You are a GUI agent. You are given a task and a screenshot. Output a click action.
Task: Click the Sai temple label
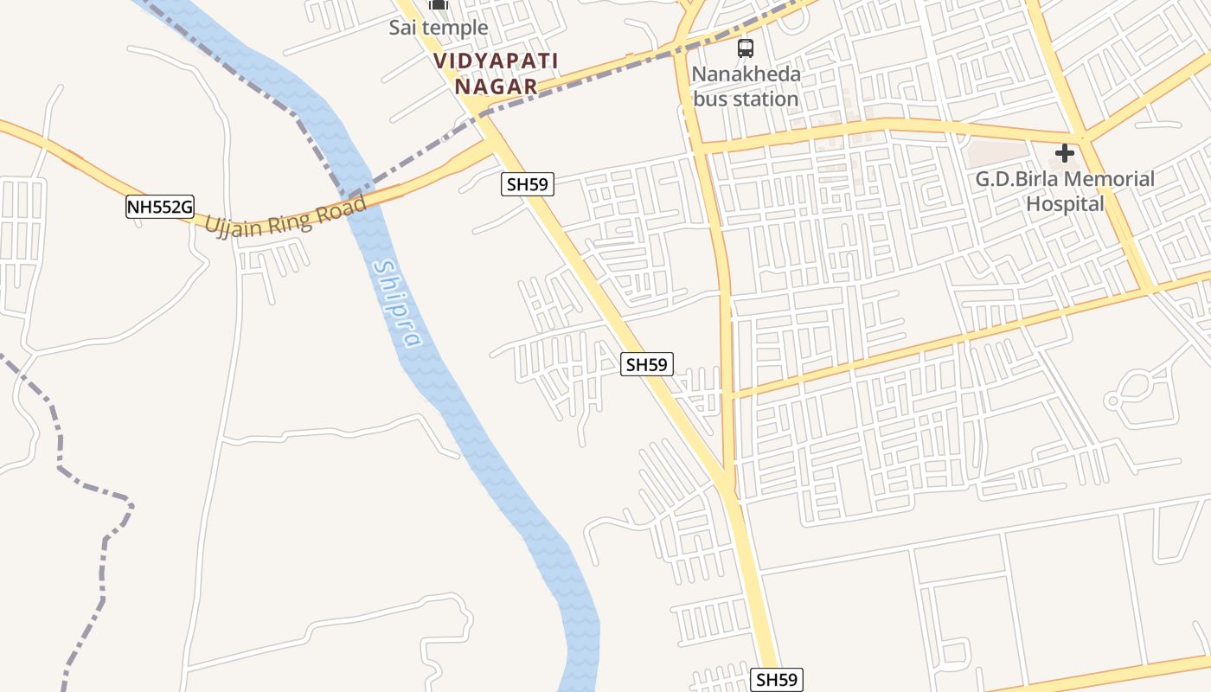438,28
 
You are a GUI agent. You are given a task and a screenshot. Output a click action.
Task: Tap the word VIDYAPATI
496,61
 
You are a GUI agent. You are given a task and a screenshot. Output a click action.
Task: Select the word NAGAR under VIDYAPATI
496,86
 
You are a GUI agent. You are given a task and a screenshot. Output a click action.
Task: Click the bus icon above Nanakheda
746,48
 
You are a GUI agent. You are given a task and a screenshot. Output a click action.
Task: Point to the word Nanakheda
746,74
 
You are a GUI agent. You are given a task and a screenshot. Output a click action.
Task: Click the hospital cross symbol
1065,154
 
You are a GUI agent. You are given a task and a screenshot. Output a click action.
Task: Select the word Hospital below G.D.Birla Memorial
1065,204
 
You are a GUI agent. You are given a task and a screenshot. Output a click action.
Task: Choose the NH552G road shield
159,207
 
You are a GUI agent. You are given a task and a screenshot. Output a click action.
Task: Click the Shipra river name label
397,304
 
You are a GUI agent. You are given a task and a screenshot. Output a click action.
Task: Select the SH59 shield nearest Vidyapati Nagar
527,183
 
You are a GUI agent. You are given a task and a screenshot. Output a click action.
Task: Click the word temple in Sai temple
455,28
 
